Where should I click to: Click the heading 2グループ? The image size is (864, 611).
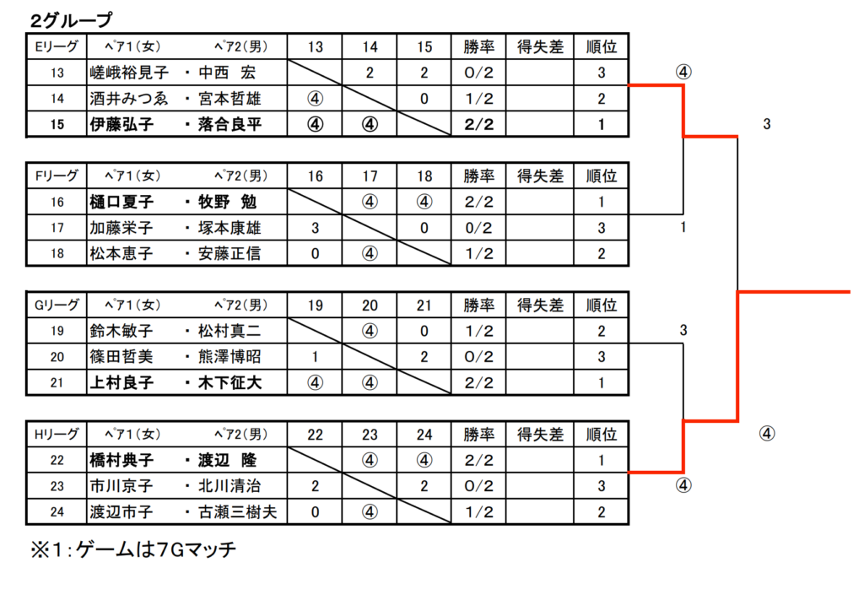click(71, 20)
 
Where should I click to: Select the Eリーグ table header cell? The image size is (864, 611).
click(57, 46)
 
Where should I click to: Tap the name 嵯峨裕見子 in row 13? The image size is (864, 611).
click(129, 73)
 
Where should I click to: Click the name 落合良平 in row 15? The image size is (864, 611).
click(229, 125)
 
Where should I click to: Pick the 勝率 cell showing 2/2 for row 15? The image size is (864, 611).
click(479, 125)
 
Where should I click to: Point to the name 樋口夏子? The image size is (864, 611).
click(121, 203)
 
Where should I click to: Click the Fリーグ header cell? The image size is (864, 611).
click(57, 176)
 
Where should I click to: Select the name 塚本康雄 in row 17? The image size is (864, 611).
click(229, 228)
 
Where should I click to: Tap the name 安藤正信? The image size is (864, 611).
click(229, 254)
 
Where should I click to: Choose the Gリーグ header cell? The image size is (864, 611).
click(57, 305)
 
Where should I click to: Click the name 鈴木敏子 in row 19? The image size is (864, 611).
click(121, 331)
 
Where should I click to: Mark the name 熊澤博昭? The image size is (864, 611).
click(229, 357)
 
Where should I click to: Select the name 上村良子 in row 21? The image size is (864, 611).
click(121, 383)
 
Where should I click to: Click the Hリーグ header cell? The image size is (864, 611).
click(57, 435)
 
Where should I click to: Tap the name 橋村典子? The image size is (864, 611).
click(121, 461)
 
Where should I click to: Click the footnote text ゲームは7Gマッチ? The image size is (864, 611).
click(156, 550)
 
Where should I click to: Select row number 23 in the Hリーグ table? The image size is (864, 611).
click(57, 486)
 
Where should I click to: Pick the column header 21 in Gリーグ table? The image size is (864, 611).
click(424, 305)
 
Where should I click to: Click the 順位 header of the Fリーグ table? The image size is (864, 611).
click(601, 176)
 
